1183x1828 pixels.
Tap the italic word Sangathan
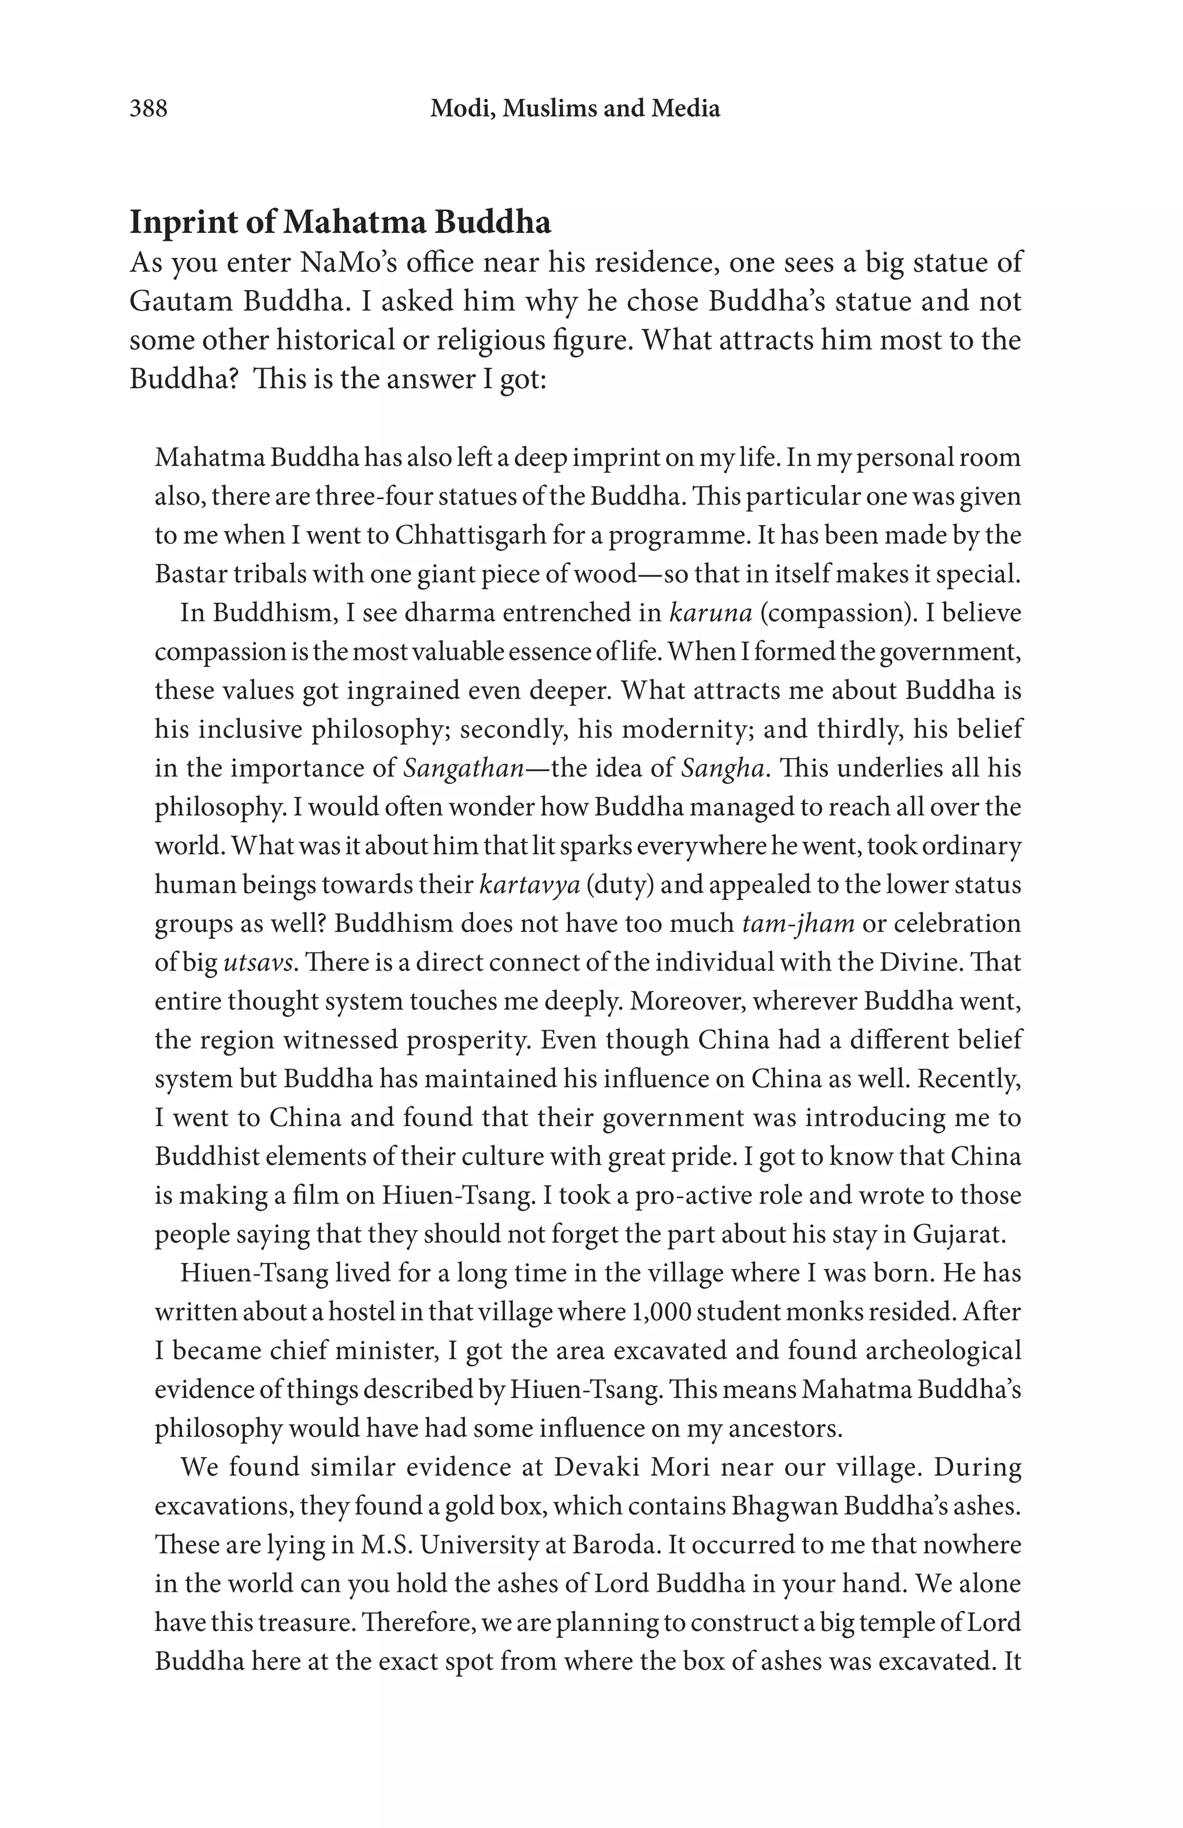[463, 768]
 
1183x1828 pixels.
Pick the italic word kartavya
[529, 884]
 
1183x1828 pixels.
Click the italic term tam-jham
[798, 923]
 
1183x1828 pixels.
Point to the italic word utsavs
[259, 963]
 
